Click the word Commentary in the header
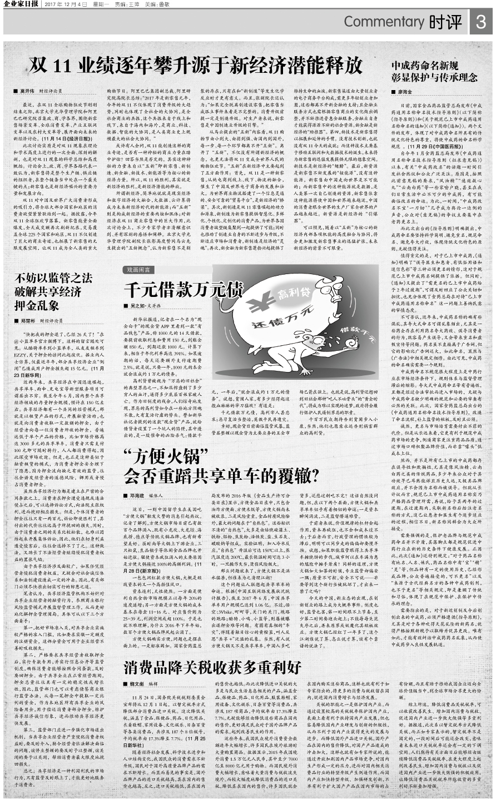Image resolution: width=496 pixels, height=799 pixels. [384, 22]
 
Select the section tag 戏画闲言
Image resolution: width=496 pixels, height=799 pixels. [138, 269]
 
